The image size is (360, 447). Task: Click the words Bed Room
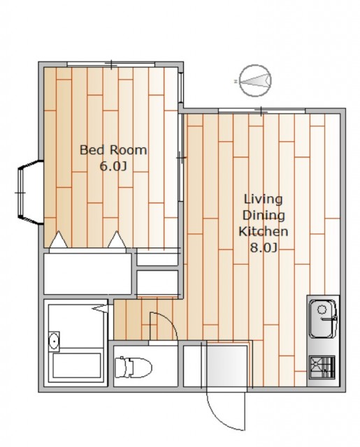click(x=113, y=150)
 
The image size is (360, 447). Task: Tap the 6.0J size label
click(x=113, y=166)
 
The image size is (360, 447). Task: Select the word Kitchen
click(x=264, y=231)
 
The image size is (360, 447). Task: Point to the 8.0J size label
click(x=264, y=247)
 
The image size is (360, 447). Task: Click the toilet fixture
click(x=134, y=367)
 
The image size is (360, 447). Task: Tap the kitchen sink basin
click(x=324, y=318)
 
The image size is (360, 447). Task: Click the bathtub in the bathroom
click(x=77, y=366)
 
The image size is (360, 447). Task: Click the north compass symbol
click(x=255, y=80)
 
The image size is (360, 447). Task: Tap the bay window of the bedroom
click(x=29, y=193)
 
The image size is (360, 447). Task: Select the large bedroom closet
click(x=87, y=274)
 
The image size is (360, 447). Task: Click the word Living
click(x=264, y=199)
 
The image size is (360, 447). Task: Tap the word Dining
click(x=264, y=216)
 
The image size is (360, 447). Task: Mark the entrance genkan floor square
click(x=227, y=366)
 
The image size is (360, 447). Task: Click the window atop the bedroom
click(x=111, y=64)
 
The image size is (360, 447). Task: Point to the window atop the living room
click(x=261, y=111)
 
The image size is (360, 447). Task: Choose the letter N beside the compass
click(x=236, y=82)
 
